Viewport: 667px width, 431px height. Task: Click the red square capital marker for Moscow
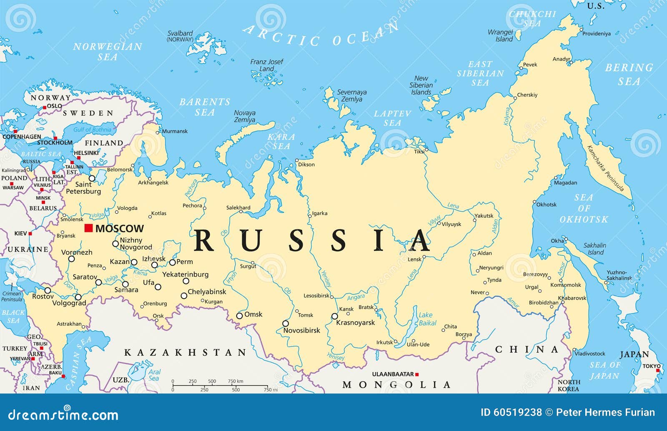tap(88, 228)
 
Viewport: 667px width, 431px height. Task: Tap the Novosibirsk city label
tap(302, 330)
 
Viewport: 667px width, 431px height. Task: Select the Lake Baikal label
tap(427, 319)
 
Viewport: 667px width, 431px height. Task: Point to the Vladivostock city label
tap(590, 354)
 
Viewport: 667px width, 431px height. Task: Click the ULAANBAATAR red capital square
tap(417, 374)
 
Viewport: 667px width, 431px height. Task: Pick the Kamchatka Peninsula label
tap(605, 168)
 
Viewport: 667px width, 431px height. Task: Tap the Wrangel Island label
tap(500, 35)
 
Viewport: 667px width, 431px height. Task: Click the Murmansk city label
tap(175, 131)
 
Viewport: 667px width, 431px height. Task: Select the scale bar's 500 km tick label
tap(212, 381)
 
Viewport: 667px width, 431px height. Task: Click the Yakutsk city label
tap(484, 216)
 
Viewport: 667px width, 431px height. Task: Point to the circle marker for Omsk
tap(239, 316)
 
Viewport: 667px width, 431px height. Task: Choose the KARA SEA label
tap(281, 142)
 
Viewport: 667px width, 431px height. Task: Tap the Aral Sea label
tap(154, 375)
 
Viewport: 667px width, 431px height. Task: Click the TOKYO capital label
tap(652, 366)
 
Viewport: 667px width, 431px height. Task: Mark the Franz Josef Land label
tap(266, 65)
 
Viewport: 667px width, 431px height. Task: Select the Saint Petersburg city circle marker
tap(92, 179)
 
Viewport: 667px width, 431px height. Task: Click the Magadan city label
tap(566, 183)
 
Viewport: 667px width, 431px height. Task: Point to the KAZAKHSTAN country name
tap(186, 353)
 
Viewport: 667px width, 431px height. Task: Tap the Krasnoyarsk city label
tap(356, 323)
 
